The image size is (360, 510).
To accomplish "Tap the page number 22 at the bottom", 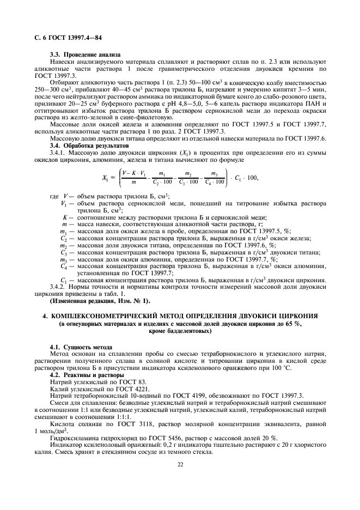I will (180, 479).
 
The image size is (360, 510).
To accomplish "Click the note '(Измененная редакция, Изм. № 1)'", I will (100, 301).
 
